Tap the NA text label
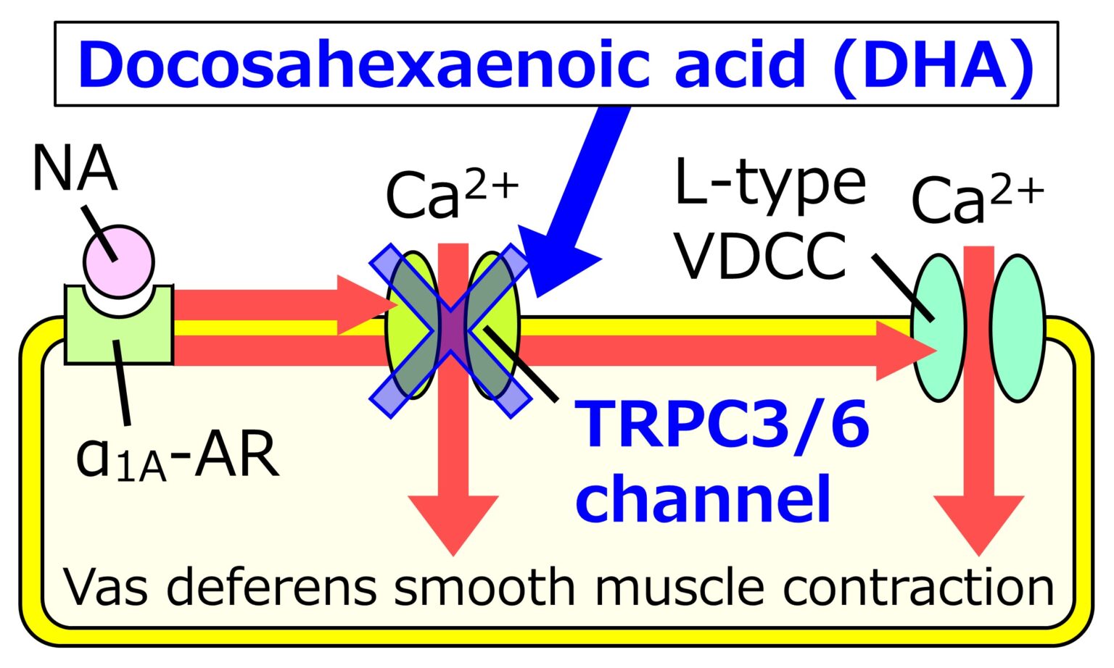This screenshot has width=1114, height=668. tap(74, 170)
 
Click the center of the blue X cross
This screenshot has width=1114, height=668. tap(450, 330)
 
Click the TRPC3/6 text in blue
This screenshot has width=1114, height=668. tap(722, 423)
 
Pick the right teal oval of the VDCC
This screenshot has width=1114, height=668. tap(1018, 327)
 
